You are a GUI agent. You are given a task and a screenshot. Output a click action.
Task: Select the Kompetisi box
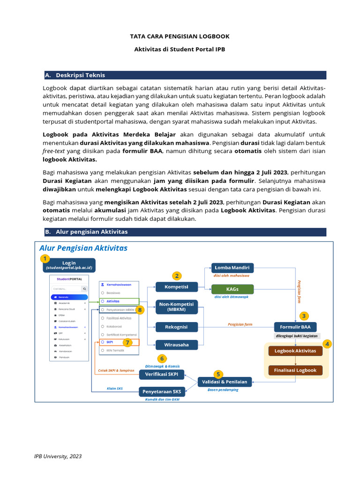click(x=176, y=287)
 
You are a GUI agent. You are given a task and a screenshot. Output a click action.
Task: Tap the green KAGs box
click(x=232, y=289)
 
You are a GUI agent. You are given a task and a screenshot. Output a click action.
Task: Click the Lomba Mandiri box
click(x=232, y=268)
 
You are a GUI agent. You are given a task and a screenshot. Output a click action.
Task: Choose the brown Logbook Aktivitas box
click(x=295, y=351)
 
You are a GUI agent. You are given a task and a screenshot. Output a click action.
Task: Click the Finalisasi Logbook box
click(x=295, y=370)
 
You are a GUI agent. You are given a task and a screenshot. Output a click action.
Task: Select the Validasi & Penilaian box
click(x=225, y=382)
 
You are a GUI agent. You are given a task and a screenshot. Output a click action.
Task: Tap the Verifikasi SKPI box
click(x=162, y=374)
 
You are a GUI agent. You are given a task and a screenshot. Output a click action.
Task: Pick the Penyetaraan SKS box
click(x=162, y=391)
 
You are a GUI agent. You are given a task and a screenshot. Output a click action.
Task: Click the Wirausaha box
click(x=176, y=345)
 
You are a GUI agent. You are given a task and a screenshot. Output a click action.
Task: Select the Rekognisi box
click(x=176, y=327)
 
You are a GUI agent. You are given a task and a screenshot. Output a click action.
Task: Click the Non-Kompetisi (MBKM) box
click(x=176, y=307)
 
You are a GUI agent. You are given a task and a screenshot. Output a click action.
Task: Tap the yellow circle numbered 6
click(x=162, y=359)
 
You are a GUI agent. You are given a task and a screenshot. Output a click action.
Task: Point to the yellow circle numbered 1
click(x=45, y=258)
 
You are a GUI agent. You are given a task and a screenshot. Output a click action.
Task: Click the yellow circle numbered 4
click(x=327, y=344)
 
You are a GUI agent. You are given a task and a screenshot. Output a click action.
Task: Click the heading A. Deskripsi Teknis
click(x=80, y=75)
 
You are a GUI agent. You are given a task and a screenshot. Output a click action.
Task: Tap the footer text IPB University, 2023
click(x=58, y=456)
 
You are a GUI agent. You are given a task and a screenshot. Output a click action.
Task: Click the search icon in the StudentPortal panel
click(x=84, y=289)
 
